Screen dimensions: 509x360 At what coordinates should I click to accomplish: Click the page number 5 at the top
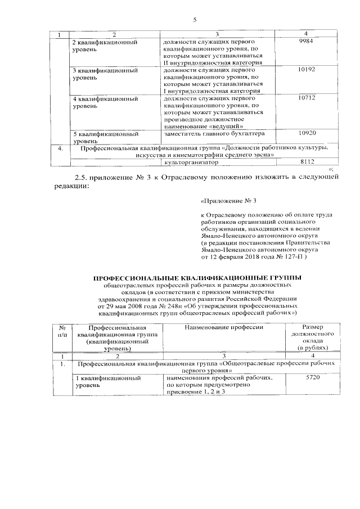pos(193,21)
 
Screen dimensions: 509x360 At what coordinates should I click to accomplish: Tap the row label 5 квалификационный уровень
pos(106,138)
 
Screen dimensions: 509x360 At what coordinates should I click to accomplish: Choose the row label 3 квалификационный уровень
pos(106,74)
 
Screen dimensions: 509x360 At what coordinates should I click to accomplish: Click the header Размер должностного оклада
pos(312,337)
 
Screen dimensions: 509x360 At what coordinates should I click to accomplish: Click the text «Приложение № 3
pos(224,200)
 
